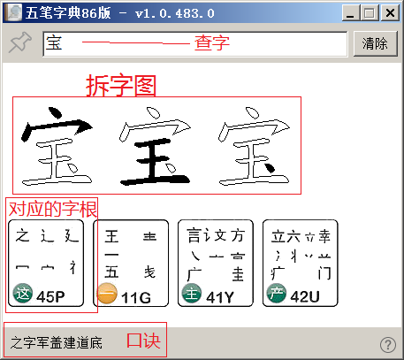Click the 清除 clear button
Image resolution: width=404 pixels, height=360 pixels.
375,43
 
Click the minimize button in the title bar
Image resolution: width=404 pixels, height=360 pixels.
356,12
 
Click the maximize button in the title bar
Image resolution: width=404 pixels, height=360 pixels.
373,12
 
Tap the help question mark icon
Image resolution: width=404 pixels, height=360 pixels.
387,345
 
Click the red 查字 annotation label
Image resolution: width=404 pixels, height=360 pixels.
211,42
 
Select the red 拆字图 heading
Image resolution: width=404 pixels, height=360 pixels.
121,85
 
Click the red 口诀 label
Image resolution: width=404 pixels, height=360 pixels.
142,341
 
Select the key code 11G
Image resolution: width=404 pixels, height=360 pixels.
136,296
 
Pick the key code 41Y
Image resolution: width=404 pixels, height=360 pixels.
221,296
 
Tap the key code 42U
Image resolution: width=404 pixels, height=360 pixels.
305,296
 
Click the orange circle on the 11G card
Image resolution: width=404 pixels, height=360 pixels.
107,295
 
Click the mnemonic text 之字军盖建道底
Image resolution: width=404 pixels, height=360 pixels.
57,341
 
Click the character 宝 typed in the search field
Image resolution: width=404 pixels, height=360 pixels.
54,43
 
